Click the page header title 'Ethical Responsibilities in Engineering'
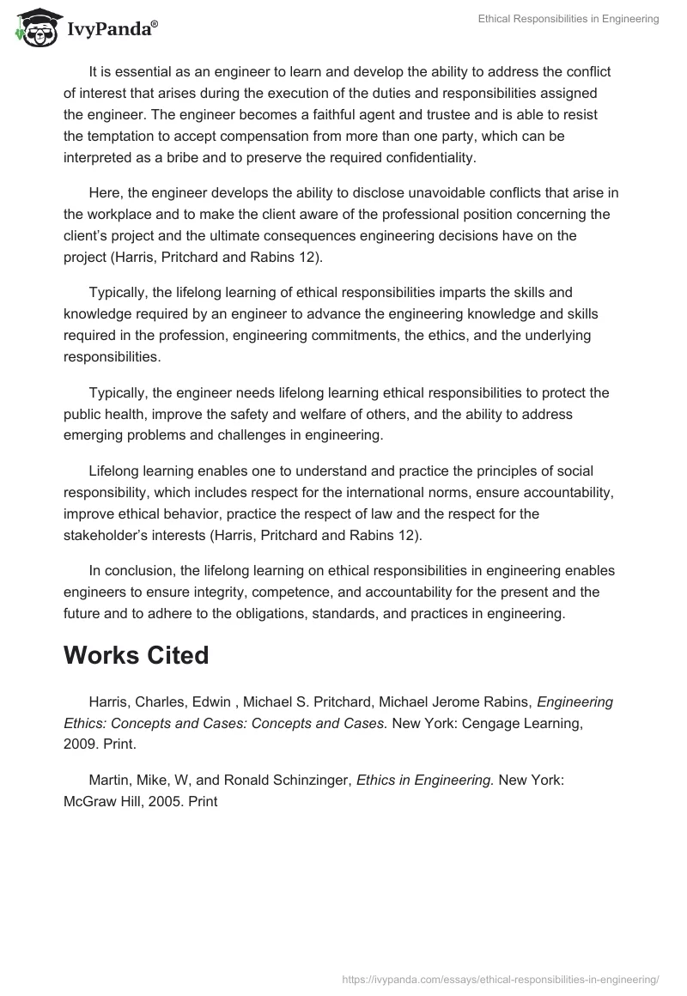point(568,19)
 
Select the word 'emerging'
point(91,436)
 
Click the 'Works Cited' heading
point(137,655)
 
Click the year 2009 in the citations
point(78,745)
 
